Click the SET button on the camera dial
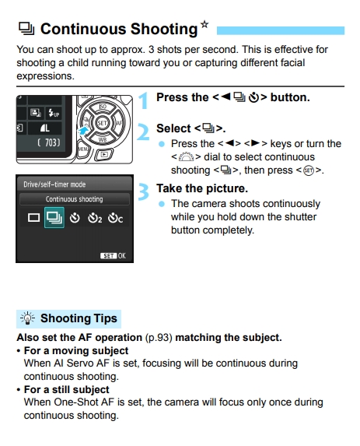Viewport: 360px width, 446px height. coord(101,123)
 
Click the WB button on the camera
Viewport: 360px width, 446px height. coord(102,139)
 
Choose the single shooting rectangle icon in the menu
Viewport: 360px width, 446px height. coord(33,219)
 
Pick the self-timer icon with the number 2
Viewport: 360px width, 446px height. coord(95,219)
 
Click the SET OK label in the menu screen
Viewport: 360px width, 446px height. coord(113,255)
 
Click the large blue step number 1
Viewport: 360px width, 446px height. coord(143,100)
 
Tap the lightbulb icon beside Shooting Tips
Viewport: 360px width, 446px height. coord(28,318)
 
